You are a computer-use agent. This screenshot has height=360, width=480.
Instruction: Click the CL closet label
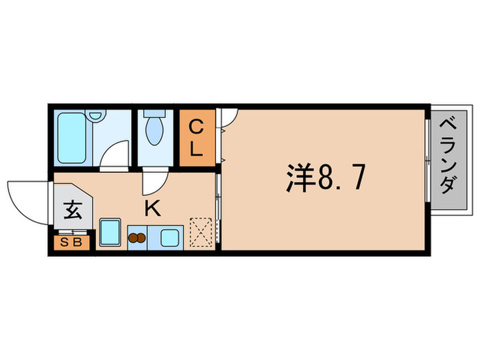click(x=196, y=138)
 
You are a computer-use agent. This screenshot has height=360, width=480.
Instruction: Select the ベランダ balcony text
click(x=448, y=156)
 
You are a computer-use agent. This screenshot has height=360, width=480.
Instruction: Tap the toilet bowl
click(x=154, y=132)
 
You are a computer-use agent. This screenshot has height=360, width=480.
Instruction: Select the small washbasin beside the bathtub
click(x=95, y=118)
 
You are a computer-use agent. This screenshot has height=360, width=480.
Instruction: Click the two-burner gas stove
click(x=138, y=239)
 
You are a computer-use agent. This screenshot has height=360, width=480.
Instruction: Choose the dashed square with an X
click(x=202, y=231)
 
